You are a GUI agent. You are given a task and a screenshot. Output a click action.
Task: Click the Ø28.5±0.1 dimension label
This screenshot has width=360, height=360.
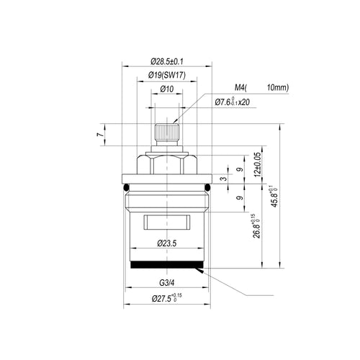tap(167, 62)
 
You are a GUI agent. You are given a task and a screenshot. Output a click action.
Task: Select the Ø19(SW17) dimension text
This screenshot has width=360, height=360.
tap(167, 76)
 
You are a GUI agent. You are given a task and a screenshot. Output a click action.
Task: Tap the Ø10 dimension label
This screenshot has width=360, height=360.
tap(167, 89)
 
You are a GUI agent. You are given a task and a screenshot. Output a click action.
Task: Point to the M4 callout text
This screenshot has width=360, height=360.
tap(240, 88)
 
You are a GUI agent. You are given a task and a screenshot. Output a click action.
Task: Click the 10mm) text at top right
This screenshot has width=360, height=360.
tap(278, 88)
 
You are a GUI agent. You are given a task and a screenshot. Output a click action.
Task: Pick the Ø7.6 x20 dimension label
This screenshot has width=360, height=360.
tap(232, 102)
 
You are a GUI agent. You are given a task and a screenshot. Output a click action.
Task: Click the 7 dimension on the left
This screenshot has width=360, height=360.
tap(101, 135)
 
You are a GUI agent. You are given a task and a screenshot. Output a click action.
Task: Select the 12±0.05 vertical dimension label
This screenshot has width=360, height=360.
tap(257, 165)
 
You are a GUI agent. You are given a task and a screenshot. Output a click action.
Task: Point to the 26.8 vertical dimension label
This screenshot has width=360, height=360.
tap(256, 226)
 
